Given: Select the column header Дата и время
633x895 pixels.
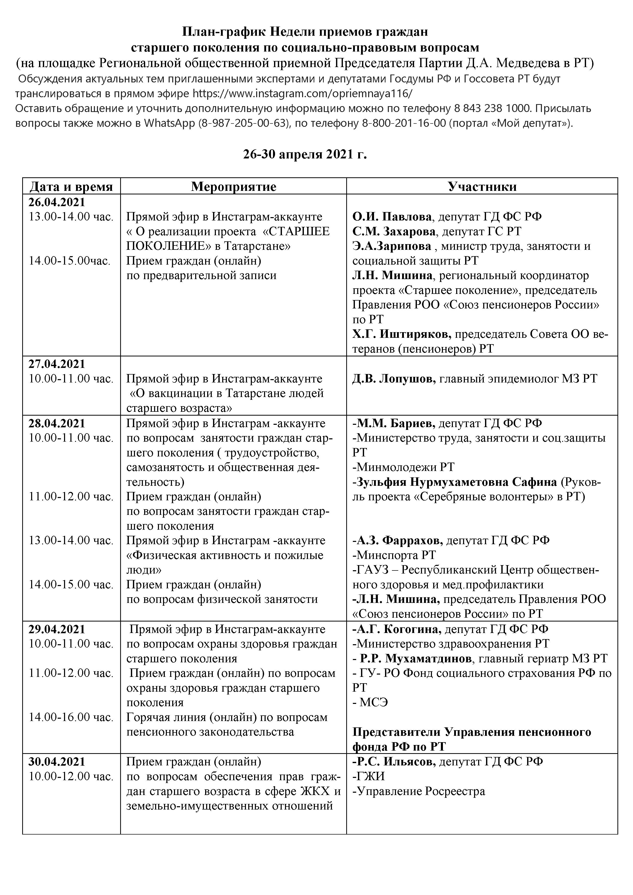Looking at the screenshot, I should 71,187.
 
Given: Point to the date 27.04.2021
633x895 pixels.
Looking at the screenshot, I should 57,364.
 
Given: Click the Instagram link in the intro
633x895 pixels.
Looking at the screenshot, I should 302,94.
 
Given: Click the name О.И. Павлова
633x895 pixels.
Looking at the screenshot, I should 392,217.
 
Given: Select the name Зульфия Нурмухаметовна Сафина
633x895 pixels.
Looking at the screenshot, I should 454,482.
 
